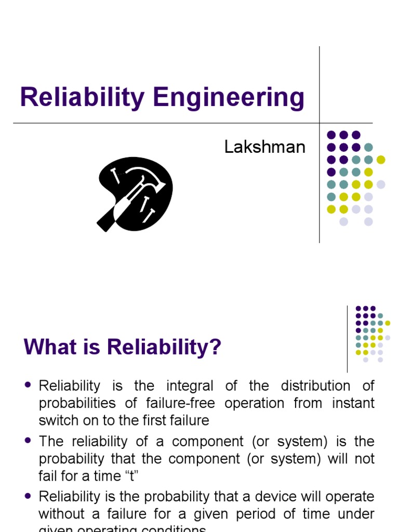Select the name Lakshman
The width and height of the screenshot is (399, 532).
[264, 147]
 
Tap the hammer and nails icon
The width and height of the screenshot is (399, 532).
[135, 194]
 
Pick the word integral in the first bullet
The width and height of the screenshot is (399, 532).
[189, 386]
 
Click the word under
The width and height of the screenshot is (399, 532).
[355, 514]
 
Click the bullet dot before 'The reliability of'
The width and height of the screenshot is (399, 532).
[28, 441]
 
